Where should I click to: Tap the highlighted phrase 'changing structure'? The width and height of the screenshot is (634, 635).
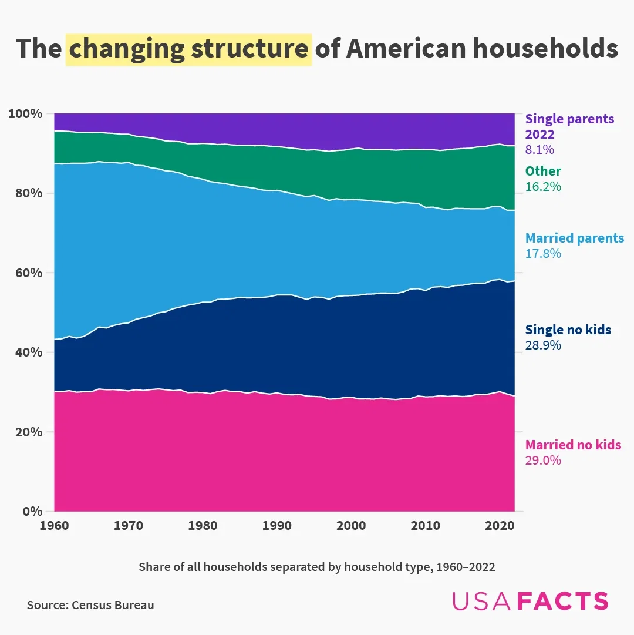(x=188, y=49)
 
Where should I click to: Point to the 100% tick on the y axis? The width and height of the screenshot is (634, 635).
(x=25, y=113)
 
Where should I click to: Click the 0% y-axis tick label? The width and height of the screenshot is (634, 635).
(x=31, y=511)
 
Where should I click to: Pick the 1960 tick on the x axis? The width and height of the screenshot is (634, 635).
(x=54, y=525)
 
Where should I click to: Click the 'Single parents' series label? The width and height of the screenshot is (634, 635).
(x=569, y=119)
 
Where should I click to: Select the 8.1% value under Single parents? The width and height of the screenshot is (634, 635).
(x=539, y=150)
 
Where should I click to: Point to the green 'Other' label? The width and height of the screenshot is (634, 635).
(x=543, y=172)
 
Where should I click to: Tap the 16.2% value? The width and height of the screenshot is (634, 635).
(x=543, y=187)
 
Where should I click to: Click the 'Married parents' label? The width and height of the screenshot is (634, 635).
(x=575, y=238)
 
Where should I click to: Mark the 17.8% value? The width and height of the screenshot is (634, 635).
(x=543, y=254)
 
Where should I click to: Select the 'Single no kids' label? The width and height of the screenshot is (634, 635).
(x=568, y=330)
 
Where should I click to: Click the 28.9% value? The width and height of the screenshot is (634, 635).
(x=543, y=345)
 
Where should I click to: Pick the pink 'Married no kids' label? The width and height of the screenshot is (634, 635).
(x=573, y=445)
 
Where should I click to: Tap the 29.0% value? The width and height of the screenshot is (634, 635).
(x=543, y=461)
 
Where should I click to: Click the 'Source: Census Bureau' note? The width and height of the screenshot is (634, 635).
(x=90, y=605)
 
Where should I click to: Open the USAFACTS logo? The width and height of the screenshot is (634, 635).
(x=530, y=601)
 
